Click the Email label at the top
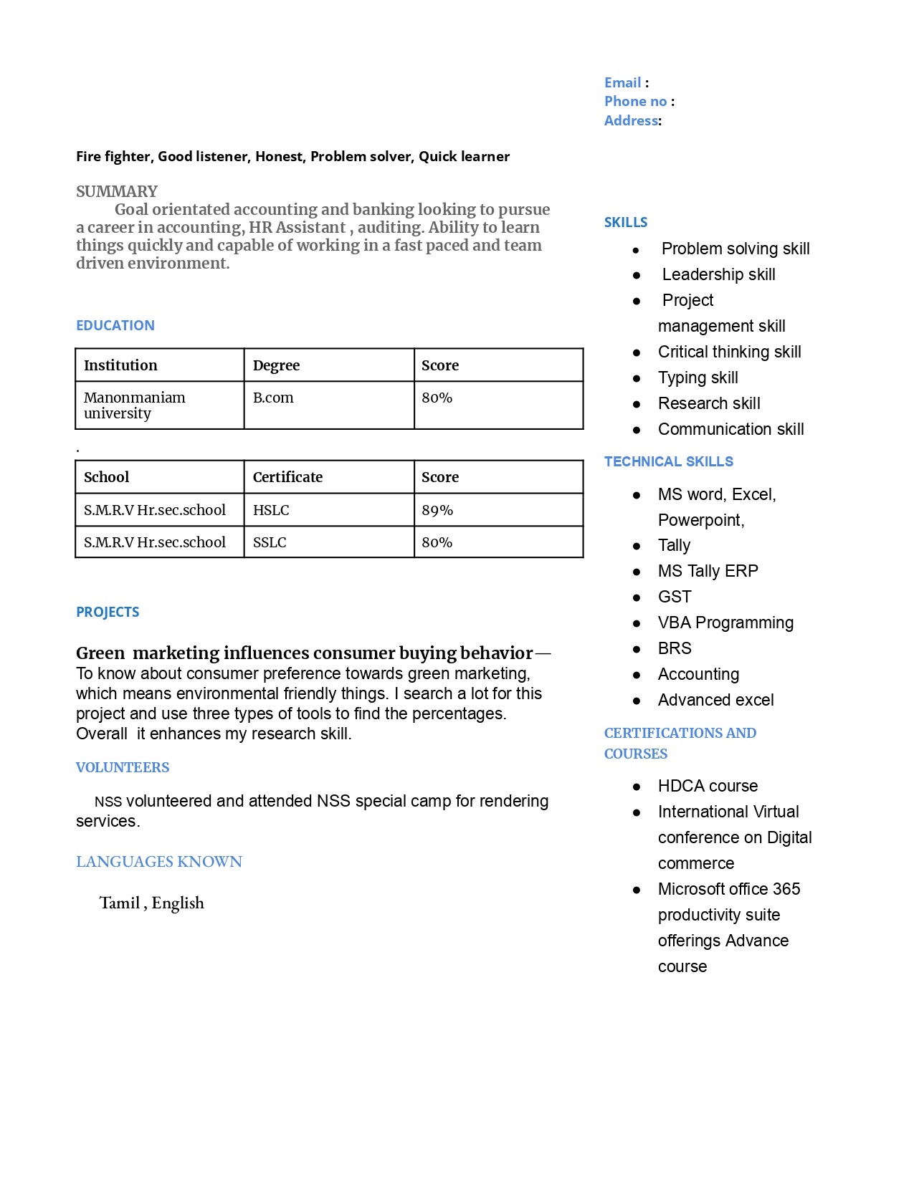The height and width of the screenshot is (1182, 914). coord(622,83)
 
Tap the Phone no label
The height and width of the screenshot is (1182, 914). coord(635,102)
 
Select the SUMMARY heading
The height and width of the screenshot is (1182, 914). coord(117,192)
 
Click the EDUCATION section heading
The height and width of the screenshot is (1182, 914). coord(115,326)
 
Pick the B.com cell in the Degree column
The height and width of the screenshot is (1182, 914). coord(273,398)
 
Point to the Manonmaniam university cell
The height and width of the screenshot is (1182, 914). coord(134,405)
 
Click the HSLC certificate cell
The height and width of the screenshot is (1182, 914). coord(271,511)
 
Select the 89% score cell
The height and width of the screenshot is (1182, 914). coord(437,511)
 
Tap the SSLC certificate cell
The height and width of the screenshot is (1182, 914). coord(270,543)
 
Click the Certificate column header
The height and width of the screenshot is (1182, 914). coord(287,478)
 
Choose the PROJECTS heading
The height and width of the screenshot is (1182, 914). coord(108,612)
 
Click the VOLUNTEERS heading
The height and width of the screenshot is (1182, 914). coord(123,768)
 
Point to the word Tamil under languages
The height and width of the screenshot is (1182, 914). coord(120,903)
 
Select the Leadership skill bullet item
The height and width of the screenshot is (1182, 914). coord(718,275)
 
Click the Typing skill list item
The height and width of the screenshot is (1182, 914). coord(698,378)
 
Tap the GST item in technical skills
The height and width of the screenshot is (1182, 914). coord(675,597)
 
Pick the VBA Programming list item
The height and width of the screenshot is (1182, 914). coord(725,623)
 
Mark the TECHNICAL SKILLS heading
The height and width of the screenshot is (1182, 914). coord(669,462)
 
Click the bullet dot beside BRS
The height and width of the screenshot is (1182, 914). coord(637,650)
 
